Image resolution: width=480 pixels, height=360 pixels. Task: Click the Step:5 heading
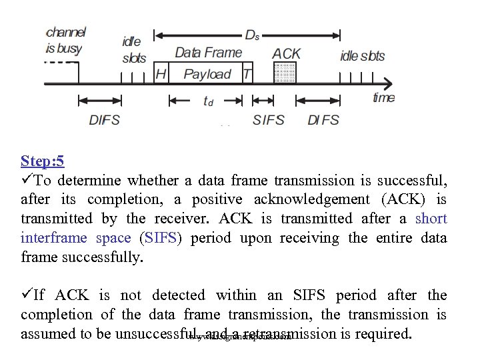point(42,161)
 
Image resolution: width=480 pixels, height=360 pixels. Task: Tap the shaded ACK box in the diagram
point(285,73)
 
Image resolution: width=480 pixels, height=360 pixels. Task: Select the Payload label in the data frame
point(207,74)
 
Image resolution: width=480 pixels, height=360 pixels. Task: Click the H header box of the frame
point(161,74)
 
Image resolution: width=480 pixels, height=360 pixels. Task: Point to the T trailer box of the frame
point(247,74)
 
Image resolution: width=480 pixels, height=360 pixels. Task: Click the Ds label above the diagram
point(252,35)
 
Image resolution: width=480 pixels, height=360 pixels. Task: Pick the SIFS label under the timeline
point(268,120)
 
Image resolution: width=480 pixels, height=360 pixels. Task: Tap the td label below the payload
point(209,101)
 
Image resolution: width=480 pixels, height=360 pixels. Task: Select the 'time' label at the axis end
point(383,98)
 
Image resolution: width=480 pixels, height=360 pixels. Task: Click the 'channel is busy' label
point(65,40)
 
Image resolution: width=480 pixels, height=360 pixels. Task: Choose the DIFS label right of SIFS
point(323,120)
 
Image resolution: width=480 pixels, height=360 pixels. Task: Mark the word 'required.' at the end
point(385,333)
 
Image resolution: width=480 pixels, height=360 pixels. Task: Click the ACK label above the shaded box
point(287,53)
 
